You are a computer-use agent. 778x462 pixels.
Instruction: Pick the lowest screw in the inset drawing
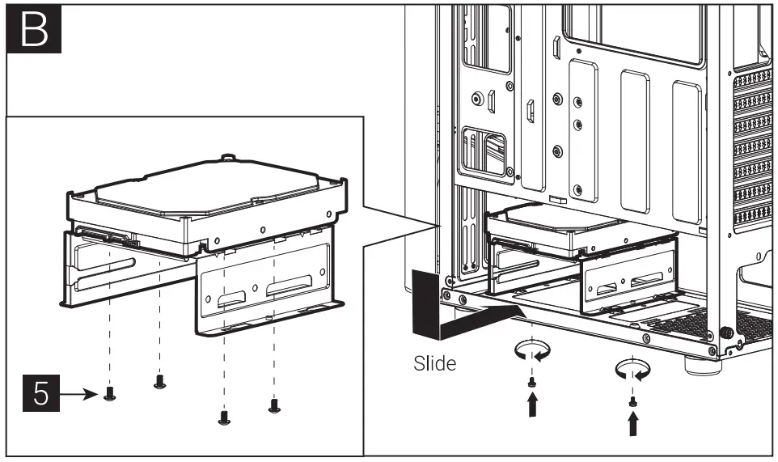click(x=224, y=417)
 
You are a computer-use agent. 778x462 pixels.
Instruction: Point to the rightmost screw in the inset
click(x=274, y=404)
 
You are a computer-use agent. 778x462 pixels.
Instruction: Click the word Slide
click(x=434, y=363)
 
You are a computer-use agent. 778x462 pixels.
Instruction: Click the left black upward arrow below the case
click(x=531, y=404)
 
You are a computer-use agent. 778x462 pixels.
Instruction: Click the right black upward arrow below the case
click(x=633, y=423)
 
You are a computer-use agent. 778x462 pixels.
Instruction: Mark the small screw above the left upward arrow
click(x=531, y=381)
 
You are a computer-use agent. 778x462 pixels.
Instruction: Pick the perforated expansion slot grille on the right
click(x=751, y=154)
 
